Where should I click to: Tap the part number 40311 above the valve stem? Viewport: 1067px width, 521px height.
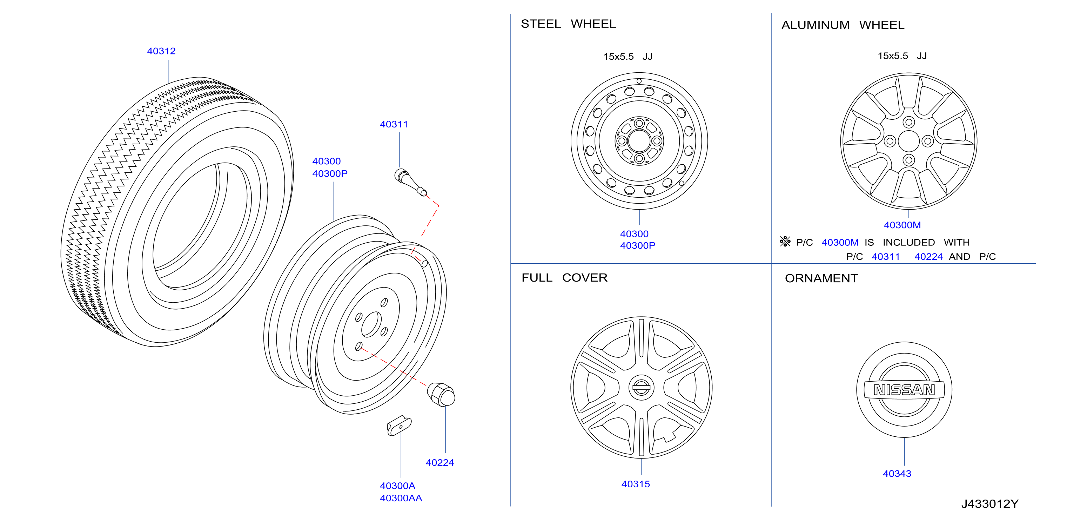pyautogui.click(x=394, y=124)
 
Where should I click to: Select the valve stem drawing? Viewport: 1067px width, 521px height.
pyautogui.click(x=410, y=182)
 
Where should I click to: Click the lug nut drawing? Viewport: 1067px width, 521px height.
pyautogui.click(x=441, y=394)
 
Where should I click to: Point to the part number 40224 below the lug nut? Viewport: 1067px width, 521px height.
pyautogui.click(x=440, y=463)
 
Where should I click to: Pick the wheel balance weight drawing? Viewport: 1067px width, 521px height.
pyautogui.click(x=399, y=426)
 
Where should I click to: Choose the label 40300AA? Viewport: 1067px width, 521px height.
pyautogui.click(x=401, y=498)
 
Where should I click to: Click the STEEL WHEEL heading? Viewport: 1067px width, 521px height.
pyautogui.click(x=568, y=24)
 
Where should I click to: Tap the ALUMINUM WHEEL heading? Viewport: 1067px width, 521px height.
pyautogui.click(x=843, y=25)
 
